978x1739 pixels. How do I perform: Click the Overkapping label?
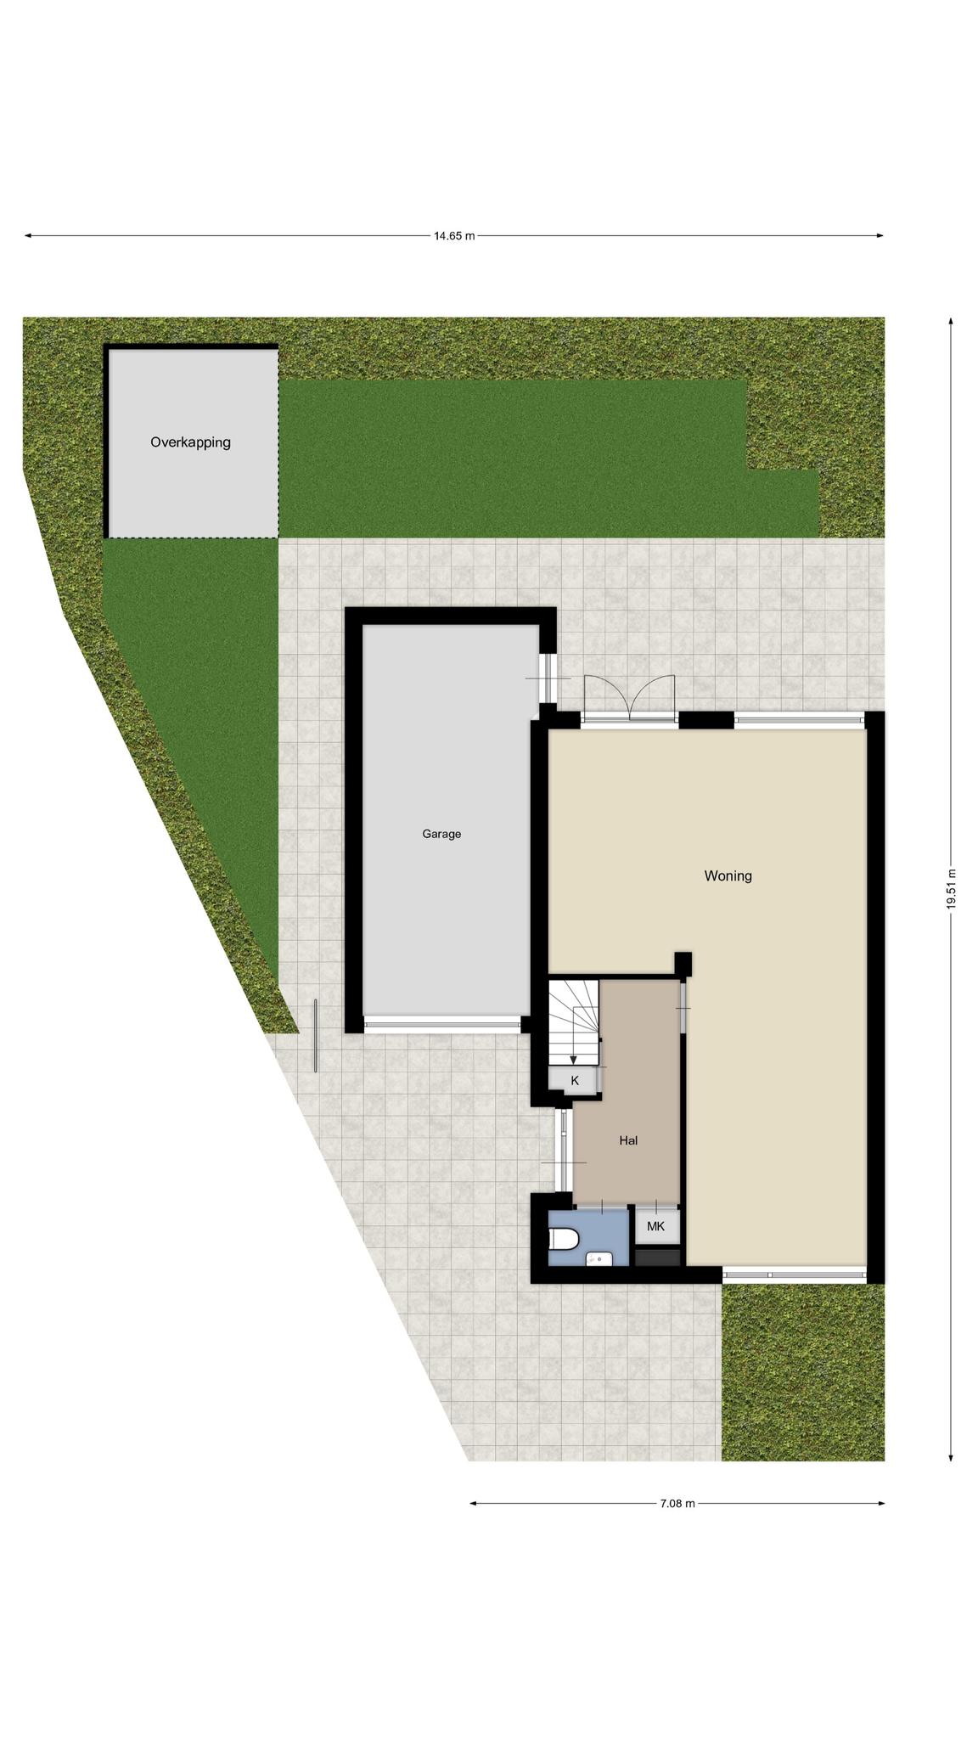[190, 442]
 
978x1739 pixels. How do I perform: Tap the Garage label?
[441, 834]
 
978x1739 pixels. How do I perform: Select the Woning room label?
[728, 875]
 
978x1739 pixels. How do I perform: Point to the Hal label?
[628, 1140]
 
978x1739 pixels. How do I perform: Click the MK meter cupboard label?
[655, 1226]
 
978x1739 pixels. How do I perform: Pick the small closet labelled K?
[575, 1080]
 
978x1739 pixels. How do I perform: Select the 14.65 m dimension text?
[454, 236]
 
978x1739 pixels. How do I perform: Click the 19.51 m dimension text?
[952, 889]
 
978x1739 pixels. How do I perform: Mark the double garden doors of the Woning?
[629, 698]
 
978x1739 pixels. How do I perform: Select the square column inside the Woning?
[683, 963]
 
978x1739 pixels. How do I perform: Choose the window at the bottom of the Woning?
[795, 1275]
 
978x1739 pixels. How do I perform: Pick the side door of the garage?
[548, 678]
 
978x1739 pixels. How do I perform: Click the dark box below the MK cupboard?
[658, 1257]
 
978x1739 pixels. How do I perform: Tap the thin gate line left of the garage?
[316, 1035]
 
